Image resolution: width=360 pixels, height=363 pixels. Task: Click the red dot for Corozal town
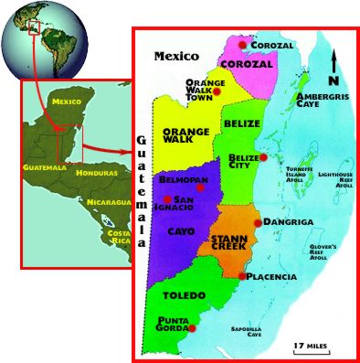click(x=242, y=44)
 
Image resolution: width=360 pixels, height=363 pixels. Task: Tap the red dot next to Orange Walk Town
click(x=218, y=91)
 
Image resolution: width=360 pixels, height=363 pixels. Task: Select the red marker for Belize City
click(x=262, y=157)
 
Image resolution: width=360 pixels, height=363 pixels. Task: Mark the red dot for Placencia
click(x=241, y=275)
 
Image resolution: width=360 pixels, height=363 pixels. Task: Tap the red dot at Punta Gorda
click(x=194, y=327)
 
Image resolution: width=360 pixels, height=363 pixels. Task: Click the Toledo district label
click(x=178, y=297)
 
